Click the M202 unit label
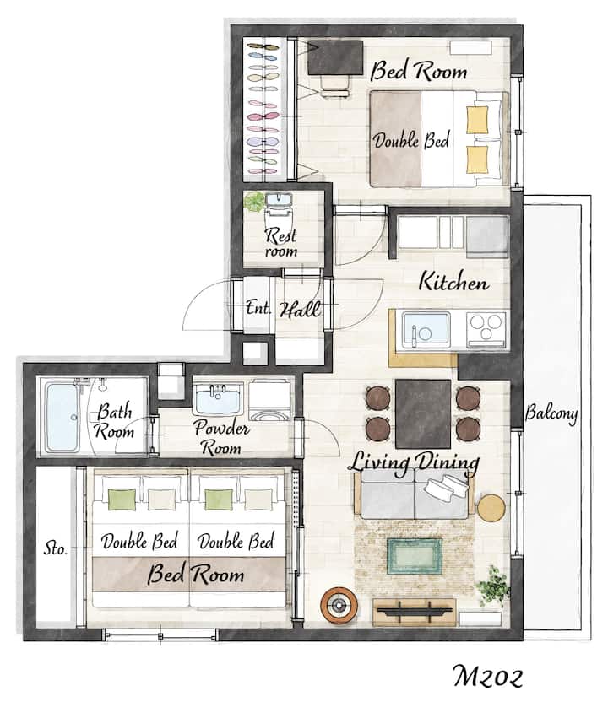tap(488, 676)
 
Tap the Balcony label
tap(551, 413)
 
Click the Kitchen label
tap(453, 282)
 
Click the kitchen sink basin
tap(426, 330)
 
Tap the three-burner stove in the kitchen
tap(486, 329)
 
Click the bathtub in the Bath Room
tap(62, 418)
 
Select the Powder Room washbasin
tap(218, 397)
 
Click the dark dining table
tap(423, 413)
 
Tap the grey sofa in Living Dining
tap(415, 495)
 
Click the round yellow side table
tap(491, 508)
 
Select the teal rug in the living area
tap(415, 556)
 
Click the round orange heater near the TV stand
tap(339, 606)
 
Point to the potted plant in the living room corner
tap(493, 586)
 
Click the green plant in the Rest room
tap(254, 202)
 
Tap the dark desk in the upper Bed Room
tap(335, 57)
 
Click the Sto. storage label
tap(55, 548)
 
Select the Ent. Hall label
tap(283, 309)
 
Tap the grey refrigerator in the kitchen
tap(487, 237)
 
